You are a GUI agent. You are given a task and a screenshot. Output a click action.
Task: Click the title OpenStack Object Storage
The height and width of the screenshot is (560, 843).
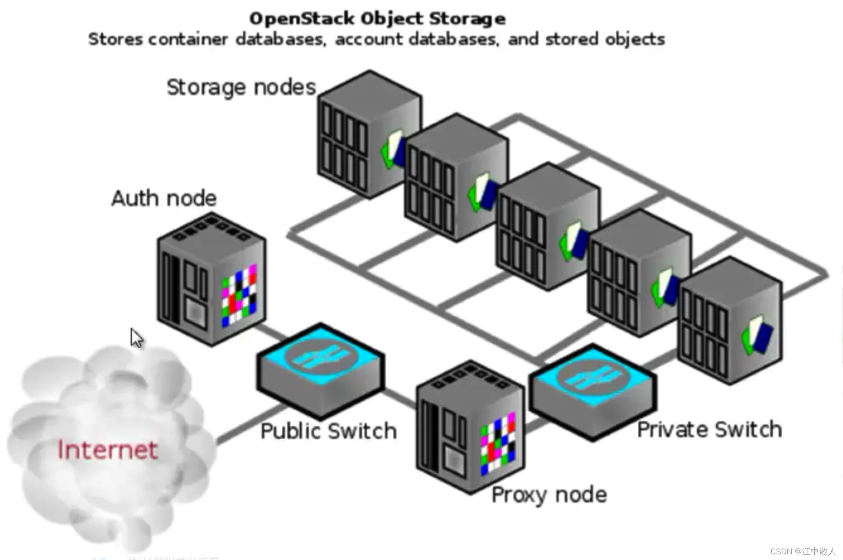[x=377, y=19]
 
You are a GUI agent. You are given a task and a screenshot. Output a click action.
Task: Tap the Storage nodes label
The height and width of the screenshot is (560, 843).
[x=241, y=87]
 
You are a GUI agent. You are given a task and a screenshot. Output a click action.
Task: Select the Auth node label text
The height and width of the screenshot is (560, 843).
[x=164, y=199]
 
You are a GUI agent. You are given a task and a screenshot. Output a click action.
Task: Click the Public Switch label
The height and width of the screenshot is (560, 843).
[x=329, y=431]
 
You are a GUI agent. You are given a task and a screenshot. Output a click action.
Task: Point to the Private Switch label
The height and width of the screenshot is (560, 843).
[x=709, y=430]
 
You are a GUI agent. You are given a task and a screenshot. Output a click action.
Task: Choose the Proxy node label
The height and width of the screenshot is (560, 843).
[x=549, y=495]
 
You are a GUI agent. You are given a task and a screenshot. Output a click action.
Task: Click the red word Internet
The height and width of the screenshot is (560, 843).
[x=107, y=450]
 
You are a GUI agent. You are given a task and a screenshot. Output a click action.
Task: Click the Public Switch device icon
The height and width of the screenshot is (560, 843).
[x=321, y=370]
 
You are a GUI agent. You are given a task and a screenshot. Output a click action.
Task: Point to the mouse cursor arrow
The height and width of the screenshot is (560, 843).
[x=136, y=337]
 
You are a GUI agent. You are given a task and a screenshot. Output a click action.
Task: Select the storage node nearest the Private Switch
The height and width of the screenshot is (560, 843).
[x=730, y=322]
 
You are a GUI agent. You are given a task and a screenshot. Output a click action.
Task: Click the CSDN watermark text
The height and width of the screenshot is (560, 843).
[x=803, y=551]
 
